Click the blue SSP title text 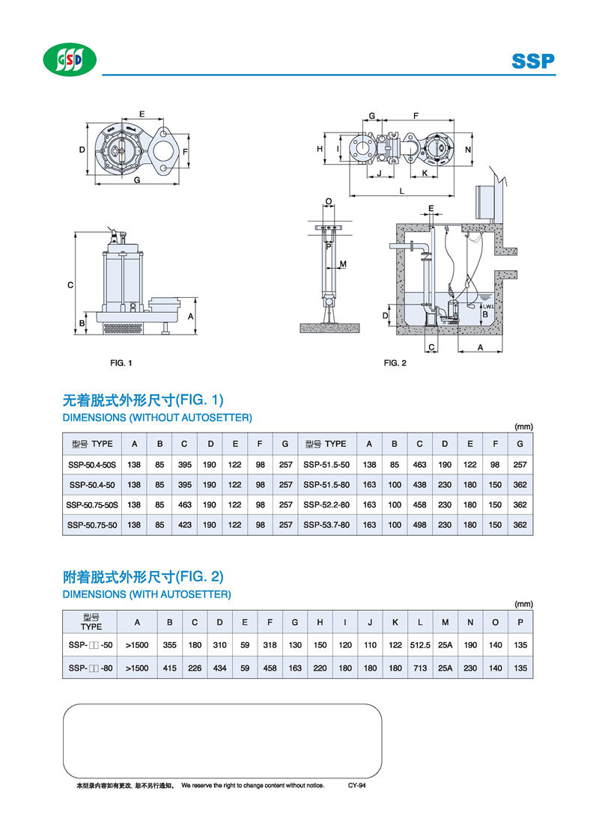coord(533,61)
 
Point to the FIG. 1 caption coord(121,363)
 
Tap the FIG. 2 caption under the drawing coord(395,363)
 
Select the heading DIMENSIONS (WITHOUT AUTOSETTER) coord(156,417)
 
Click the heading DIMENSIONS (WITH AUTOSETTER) coord(146,594)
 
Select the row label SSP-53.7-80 coord(326,525)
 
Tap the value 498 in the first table coord(419,525)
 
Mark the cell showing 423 coord(184,525)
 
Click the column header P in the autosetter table coord(519,622)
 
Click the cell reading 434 coord(219,668)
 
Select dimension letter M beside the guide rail coord(342,264)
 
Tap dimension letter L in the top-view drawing coord(402,192)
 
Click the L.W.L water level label coord(486,306)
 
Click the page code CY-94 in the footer coord(356,785)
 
